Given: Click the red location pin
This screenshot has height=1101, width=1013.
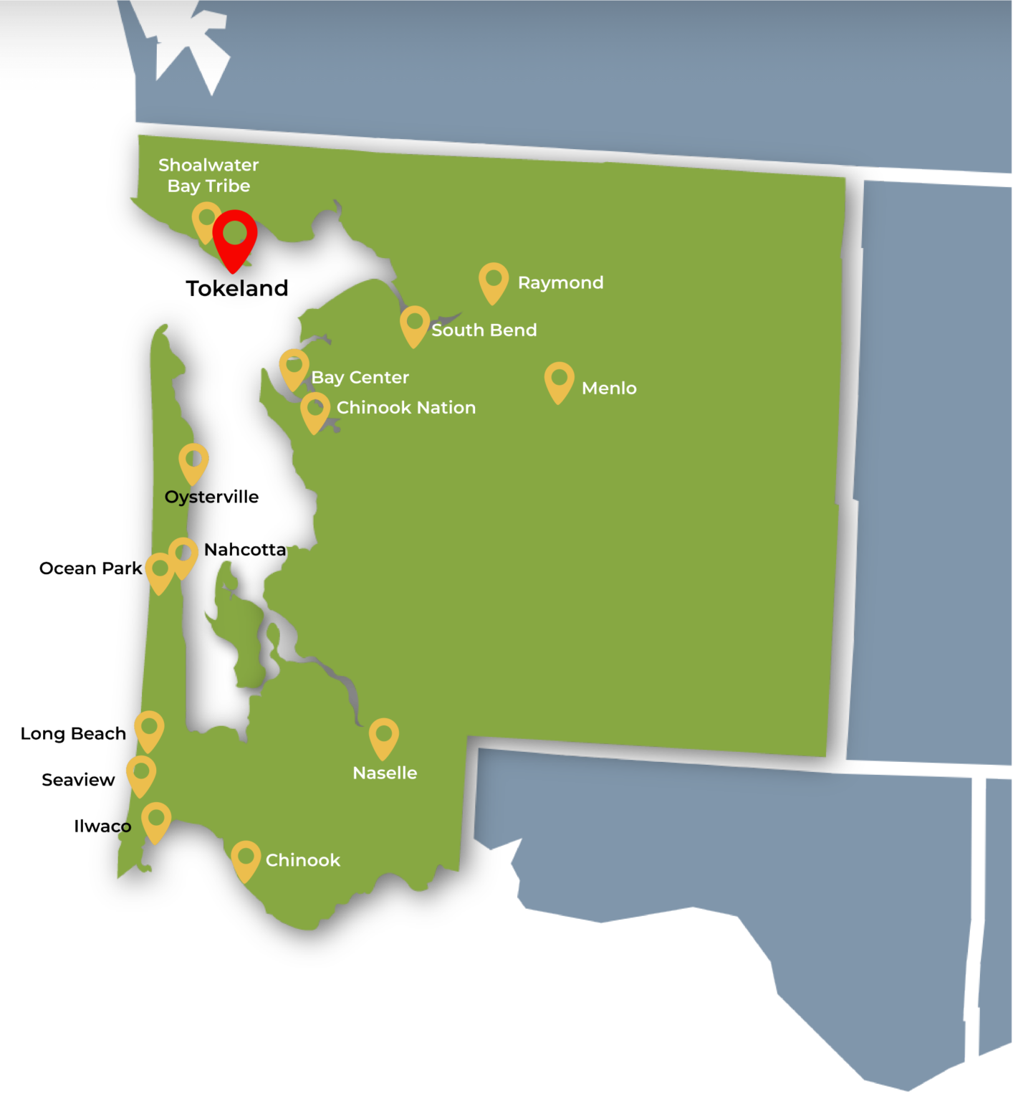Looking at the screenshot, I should click(x=235, y=237).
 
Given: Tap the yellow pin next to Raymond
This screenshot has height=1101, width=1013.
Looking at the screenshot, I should click(x=494, y=280).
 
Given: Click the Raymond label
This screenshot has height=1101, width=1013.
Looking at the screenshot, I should click(x=560, y=282).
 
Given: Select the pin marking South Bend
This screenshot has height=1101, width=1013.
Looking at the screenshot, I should click(x=415, y=324).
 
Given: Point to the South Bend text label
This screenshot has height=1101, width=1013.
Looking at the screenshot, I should click(x=484, y=330).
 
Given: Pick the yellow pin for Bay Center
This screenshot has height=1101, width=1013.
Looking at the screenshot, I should click(x=294, y=367).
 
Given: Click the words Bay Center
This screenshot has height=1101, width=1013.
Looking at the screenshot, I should click(x=360, y=377).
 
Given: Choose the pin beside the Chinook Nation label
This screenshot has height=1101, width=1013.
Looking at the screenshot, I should click(x=315, y=411).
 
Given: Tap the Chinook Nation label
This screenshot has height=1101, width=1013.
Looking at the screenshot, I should click(x=405, y=407).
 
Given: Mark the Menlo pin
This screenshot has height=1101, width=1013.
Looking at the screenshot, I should click(x=560, y=380).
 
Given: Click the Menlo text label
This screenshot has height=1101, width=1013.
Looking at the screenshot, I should click(x=609, y=388).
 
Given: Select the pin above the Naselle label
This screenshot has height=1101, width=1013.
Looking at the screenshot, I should click(x=384, y=737).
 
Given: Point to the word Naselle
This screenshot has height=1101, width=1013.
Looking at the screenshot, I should click(x=385, y=773).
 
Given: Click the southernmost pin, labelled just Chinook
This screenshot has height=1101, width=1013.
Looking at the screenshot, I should click(x=246, y=859).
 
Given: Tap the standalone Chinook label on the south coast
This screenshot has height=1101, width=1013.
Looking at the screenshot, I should click(x=302, y=860).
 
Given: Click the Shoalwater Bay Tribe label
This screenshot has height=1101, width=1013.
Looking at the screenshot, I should click(x=208, y=176).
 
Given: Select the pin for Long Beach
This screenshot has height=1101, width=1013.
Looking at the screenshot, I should click(x=149, y=730).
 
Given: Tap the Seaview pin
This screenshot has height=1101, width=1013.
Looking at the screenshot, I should click(x=141, y=774).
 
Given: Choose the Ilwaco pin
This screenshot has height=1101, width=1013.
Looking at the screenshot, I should click(x=156, y=821).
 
